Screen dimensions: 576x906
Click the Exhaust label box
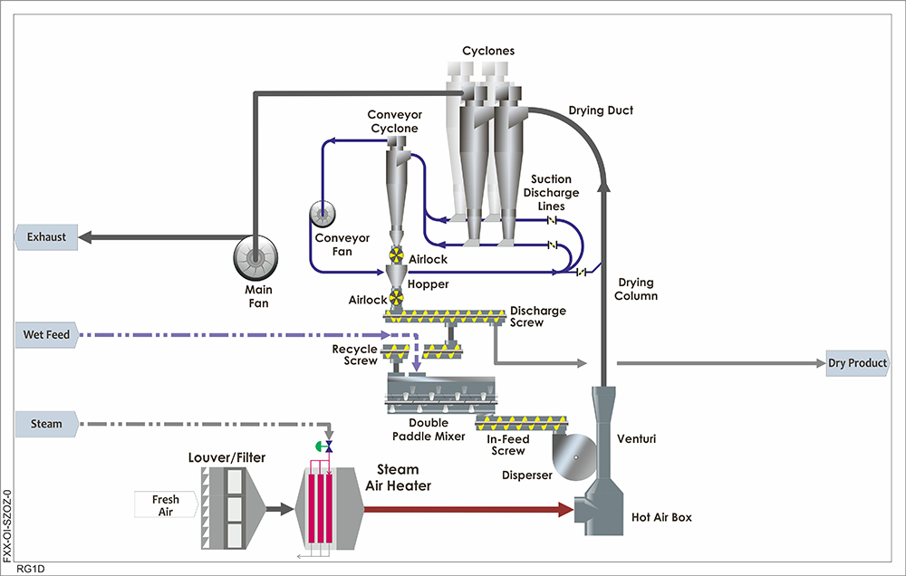[x=46, y=237]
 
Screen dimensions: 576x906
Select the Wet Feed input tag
[x=46, y=335]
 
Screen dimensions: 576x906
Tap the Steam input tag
[x=46, y=423]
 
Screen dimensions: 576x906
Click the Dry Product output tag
[x=856, y=363]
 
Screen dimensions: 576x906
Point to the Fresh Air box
[x=165, y=505]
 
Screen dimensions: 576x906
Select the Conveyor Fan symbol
[x=323, y=214]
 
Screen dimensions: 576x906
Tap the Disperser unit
[x=573, y=456]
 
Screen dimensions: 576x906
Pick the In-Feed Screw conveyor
[x=525, y=422]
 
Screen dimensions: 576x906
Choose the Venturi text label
[x=636, y=439]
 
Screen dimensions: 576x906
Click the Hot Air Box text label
[x=661, y=519]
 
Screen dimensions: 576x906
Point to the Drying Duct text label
[x=601, y=110]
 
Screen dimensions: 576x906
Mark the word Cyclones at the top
[x=487, y=51]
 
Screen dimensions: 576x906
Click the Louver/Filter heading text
[x=226, y=458]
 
